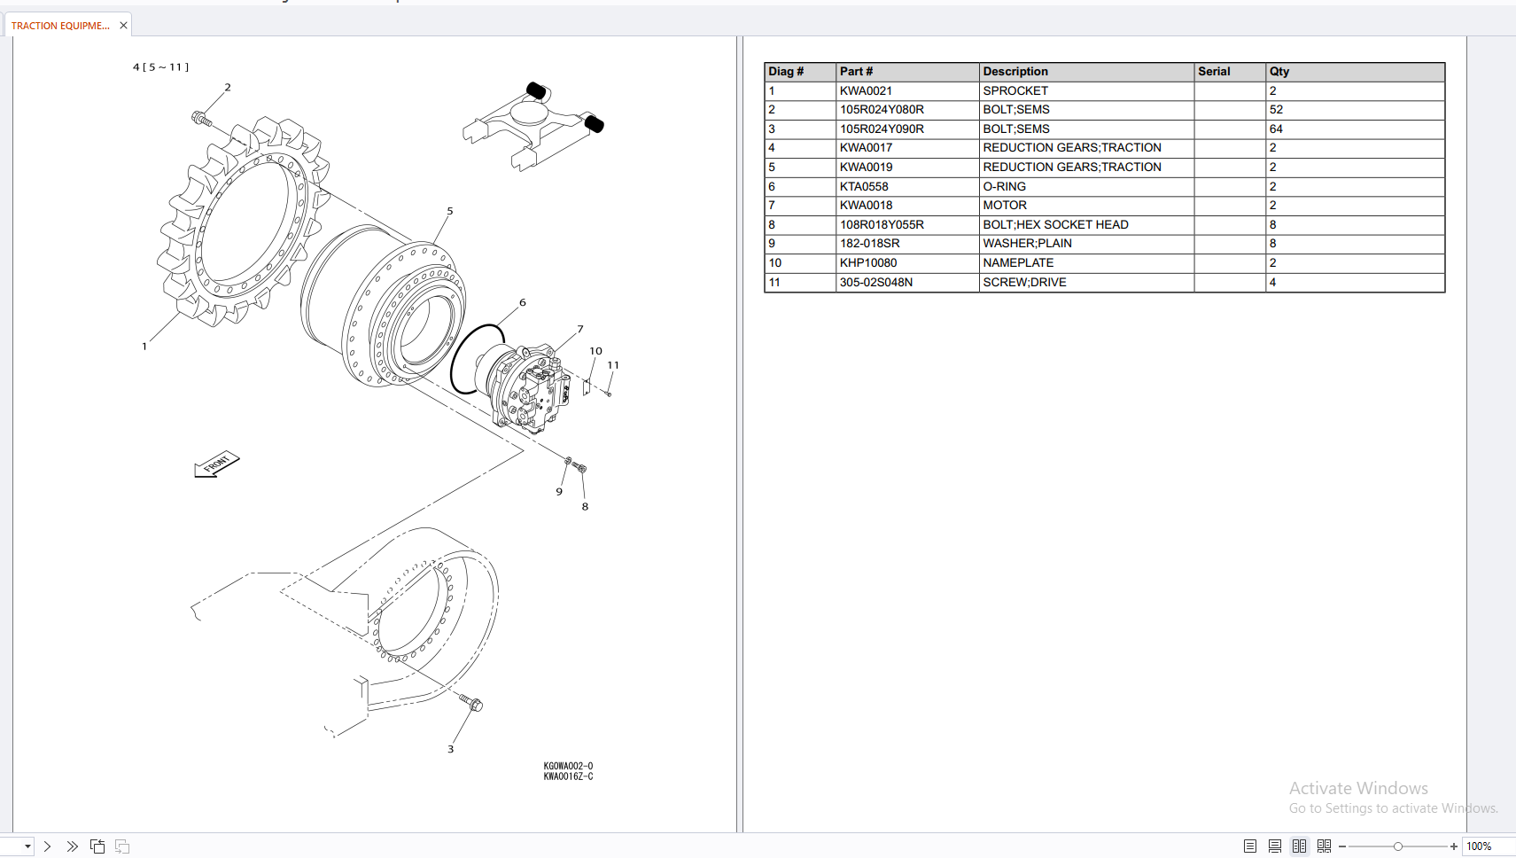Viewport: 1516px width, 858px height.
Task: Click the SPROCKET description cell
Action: (x=1015, y=90)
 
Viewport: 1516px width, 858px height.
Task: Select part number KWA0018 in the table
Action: (x=866, y=205)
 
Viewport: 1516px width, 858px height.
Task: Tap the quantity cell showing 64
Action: (x=1276, y=129)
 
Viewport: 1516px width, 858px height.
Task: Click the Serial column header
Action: (x=1214, y=71)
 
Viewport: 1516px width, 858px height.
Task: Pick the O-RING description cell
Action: (x=1004, y=186)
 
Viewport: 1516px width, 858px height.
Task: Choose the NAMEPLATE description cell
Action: (x=1018, y=262)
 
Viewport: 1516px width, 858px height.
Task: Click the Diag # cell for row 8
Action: (x=772, y=224)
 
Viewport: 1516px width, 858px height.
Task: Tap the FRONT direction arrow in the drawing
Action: (x=216, y=464)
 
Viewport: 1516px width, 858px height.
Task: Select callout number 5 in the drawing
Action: (x=450, y=211)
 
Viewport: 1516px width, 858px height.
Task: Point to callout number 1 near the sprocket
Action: (x=144, y=347)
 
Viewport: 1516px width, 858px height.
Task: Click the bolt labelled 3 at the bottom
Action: (x=470, y=703)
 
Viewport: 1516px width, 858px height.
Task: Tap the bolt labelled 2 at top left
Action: (x=201, y=118)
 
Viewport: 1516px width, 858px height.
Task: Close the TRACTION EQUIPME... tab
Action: (x=123, y=26)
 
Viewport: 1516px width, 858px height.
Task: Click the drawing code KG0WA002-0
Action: (x=568, y=766)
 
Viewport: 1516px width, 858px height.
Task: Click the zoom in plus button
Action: (x=1454, y=846)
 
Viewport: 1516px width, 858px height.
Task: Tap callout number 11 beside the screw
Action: (x=613, y=365)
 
